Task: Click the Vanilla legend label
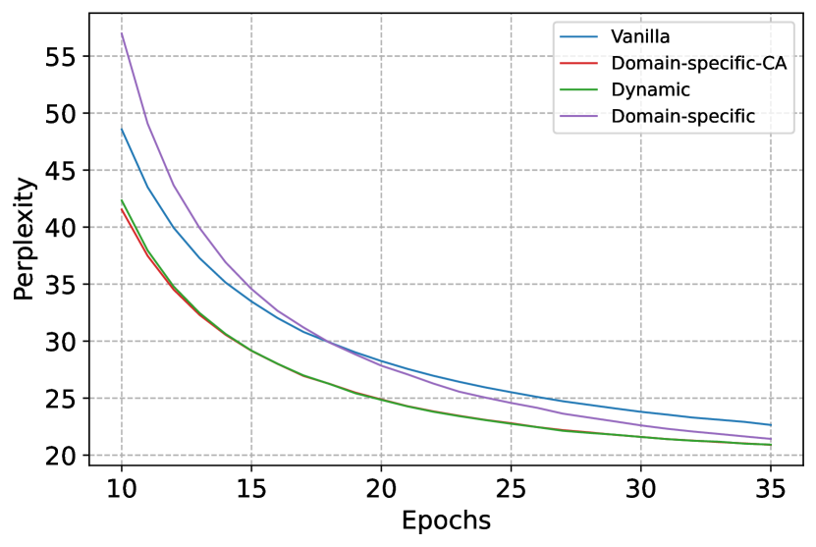pyautogui.click(x=640, y=37)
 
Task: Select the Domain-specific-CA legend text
pyautogui.click(x=698, y=64)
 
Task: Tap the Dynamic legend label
pyautogui.click(x=650, y=90)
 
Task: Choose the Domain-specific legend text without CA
pyautogui.click(x=682, y=117)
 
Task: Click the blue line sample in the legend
pyautogui.click(x=579, y=37)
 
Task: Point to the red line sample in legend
pyautogui.click(x=579, y=64)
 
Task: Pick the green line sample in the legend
pyautogui.click(x=579, y=90)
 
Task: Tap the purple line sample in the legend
pyautogui.click(x=579, y=117)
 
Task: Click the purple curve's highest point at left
pyautogui.click(x=122, y=34)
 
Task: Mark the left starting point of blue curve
pyautogui.click(x=122, y=129)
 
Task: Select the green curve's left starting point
pyautogui.click(x=122, y=200)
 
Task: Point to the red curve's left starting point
pyautogui.click(x=122, y=209)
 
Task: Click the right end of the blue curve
pyautogui.click(x=770, y=424)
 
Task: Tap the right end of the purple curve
pyautogui.click(x=770, y=439)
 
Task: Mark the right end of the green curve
pyautogui.click(x=770, y=445)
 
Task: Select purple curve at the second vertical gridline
pyautogui.click(x=251, y=288)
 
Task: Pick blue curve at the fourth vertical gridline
pyautogui.click(x=511, y=392)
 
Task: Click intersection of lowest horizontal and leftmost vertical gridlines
pyautogui.click(x=122, y=456)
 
